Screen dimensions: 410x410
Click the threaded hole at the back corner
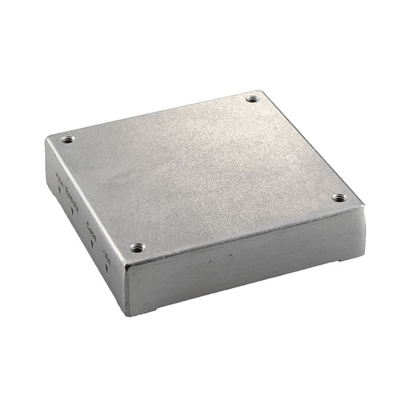coord(252,99)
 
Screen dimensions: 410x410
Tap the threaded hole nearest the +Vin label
coord(67,140)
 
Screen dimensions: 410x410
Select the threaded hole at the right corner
coord(339,198)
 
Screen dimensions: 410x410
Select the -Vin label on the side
coord(106,253)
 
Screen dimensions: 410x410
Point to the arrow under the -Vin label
coord(106,267)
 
